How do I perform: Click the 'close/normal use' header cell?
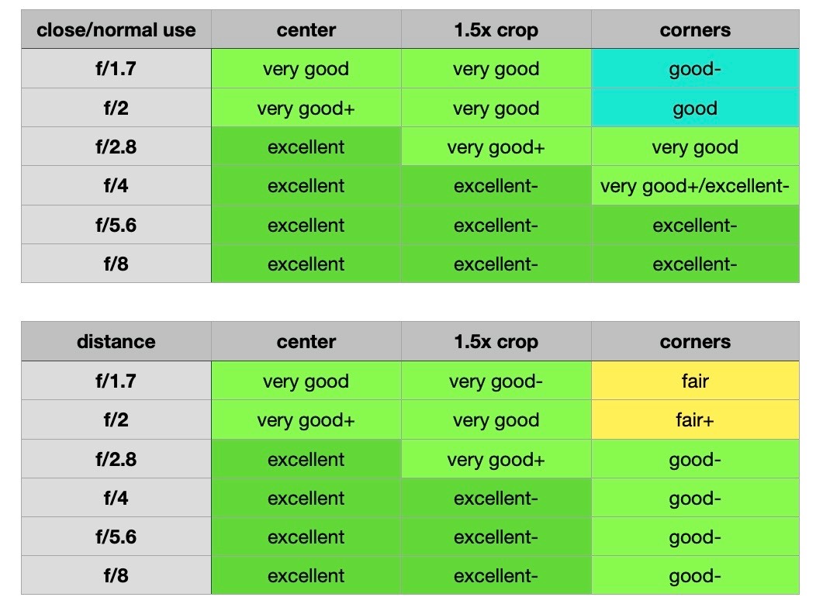[x=116, y=30]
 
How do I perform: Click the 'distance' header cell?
[x=116, y=342]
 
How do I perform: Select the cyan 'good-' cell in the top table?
[x=694, y=69]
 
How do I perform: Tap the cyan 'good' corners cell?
[x=694, y=108]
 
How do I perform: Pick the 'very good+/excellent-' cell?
[x=694, y=186]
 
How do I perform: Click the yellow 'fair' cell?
[x=694, y=381]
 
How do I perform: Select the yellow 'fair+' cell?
[x=694, y=420]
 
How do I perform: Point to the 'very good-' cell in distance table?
[x=496, y=381]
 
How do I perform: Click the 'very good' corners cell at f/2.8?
[x=694, y=147]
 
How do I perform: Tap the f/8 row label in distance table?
[x=116, y=575]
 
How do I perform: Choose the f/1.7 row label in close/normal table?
[x=116, y=69]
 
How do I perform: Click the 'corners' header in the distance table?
[x=694, y=342]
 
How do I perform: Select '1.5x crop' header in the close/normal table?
[x=496, y=30]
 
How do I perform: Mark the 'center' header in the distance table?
[x=306, y=342]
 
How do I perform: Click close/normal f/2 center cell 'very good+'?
[x=306, y=108]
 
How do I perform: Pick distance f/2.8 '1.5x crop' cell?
[x=496, y=459]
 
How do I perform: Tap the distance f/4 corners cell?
[x=694, y=498]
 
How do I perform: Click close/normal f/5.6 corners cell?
[x=694, y=225]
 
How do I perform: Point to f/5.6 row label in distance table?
[x=116, y=537]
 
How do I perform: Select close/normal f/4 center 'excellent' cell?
[x=306, y=186]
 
